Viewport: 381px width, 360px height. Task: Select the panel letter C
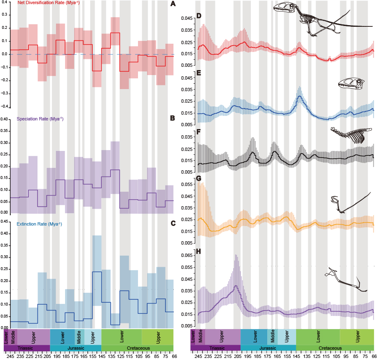[173, 223]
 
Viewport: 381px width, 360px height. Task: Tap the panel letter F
[199, 133]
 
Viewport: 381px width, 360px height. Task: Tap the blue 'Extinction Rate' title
[39, 224]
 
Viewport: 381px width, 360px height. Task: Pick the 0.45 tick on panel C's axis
[5, 221]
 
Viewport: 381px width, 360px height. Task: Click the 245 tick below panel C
[10, 356]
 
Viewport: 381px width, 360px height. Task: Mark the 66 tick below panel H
[374, 356]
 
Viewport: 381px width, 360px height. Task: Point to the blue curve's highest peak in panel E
[300, 96]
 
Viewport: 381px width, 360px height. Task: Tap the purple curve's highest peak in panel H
[236, 286]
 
